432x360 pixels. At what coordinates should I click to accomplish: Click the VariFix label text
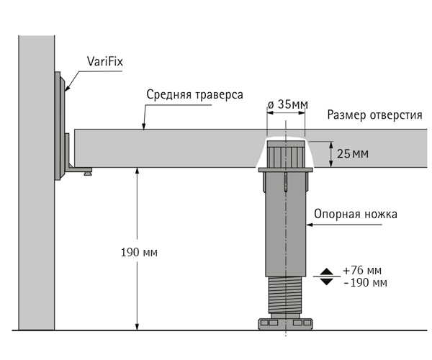[x=104, y=61]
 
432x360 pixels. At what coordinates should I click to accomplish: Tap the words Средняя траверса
[x=194, y=94]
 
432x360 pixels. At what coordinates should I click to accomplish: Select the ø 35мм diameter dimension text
[x=287, y=104]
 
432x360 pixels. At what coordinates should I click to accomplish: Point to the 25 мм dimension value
[x=352, y=153]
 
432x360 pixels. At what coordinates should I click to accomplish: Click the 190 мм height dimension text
[x=139, y=252]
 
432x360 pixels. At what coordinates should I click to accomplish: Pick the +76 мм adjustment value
[x=362, y=271]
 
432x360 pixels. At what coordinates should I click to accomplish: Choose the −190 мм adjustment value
[x=365, y=283]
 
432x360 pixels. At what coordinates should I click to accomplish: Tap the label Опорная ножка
[x=356, y=214]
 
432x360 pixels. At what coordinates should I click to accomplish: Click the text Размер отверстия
[x=374, y=114]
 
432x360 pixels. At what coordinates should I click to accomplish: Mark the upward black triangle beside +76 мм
[x=327, y=271]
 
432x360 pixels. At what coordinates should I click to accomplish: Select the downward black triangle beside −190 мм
[x=327, y=282]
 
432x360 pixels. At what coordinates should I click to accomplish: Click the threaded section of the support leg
[x=285, y=294]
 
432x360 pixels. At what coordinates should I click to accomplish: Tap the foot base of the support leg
[x=285, y=324]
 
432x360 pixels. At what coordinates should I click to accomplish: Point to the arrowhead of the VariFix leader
[x=67, y=88]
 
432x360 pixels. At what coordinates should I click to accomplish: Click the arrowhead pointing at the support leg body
[x=310, y=225]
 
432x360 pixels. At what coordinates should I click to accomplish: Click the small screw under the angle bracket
[x=88, y=173]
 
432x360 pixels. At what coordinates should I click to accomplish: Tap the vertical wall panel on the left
[x=37, y=182]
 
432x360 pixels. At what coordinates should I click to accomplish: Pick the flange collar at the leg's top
[x=285, y=170]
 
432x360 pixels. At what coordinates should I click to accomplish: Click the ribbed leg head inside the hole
[x=287, y=154]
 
